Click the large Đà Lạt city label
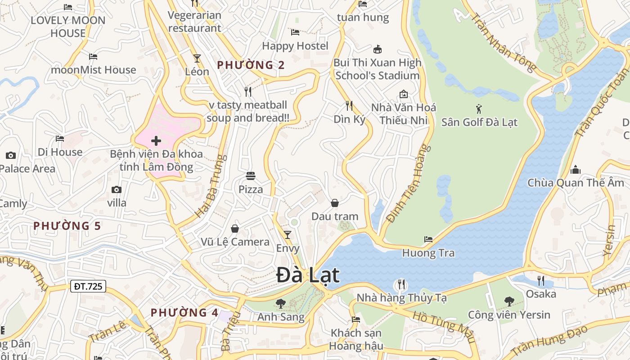(308, 275)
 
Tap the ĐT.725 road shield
(88, 286)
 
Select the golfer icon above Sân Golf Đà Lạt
(479, 108)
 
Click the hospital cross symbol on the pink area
(156, 141)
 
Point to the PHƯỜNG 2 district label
(251, 65)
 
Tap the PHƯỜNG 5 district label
(67, 225)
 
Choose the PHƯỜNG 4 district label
(184, 312)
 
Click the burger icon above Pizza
(251, 175)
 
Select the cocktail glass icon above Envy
(288, 234)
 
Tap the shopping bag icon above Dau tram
(335, 203)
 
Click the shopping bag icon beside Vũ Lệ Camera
(235, 229)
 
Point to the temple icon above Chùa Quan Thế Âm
(576, 170)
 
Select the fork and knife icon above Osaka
(541, 281)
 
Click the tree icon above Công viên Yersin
(509, 301)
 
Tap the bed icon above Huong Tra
(428, 239)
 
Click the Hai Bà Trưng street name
(210, 186)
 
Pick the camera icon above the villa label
(117, 189)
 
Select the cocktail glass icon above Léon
(197, 58)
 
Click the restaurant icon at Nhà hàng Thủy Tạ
(401, 284)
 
